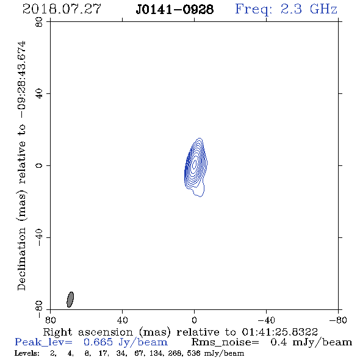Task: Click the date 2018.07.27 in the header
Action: coord(62,9)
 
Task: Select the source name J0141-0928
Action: coord(175,9)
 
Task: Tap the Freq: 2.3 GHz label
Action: coord(286,9)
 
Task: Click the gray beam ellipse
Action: coord(70,300)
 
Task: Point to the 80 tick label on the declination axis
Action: coord(39,22)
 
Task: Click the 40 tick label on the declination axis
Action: coord(39,94)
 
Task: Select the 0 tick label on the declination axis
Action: coord(39,165)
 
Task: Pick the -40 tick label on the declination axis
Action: coord(39,237)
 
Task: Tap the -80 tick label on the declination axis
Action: coord(39,309)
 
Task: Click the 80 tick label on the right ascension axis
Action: coord(50,320)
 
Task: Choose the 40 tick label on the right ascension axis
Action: coord(122,320)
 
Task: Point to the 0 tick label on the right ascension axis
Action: coord(194,320)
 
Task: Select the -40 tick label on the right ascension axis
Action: coord(266,320)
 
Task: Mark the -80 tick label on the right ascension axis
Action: coord(338,320)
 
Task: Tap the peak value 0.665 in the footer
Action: coord(98,342)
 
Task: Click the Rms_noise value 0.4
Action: coord(278,342)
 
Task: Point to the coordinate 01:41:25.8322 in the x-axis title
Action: coord(279,332)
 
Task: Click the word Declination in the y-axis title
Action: coord(21,259)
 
